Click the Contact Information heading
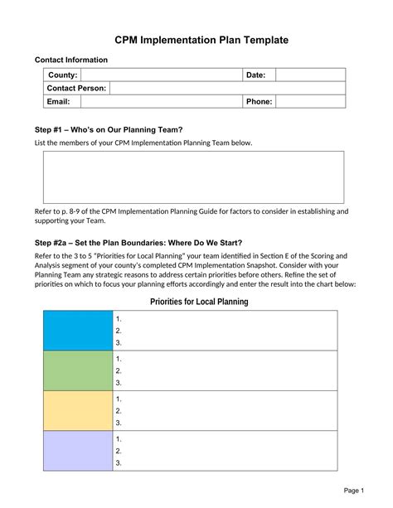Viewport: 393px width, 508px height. click(70, 60)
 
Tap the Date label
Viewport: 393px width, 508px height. click(255, 75)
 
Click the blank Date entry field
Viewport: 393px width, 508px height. click(310, 75)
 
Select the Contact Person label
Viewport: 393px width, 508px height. click(76, 88)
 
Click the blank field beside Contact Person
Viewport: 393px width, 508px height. click(227, 88)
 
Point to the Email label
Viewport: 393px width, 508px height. click(59, 101)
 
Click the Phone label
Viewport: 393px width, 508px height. click(258, 101)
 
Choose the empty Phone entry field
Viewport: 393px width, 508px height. click(310, 101)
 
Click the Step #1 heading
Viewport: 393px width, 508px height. click(108, 128)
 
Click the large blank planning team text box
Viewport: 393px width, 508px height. click(193, 177)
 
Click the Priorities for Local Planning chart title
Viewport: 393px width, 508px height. click(199, 302)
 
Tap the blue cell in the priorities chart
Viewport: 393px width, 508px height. click(78, 331)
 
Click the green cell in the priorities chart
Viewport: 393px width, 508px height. click(78, 370)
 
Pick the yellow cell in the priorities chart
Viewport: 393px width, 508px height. click(78, 410)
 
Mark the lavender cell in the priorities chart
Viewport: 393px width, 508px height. click(78, 450)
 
